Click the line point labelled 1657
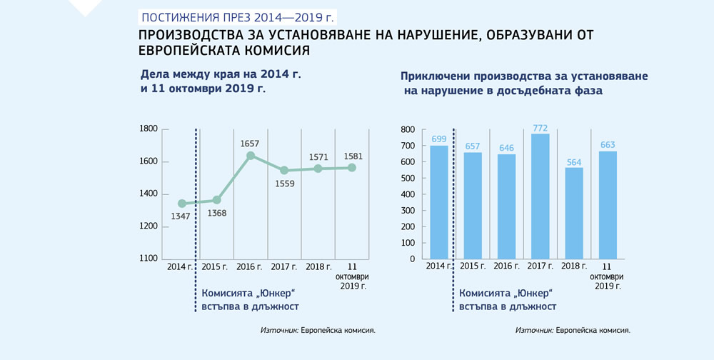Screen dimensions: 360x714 click(251, 155)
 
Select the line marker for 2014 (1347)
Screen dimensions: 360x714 click(182, 204)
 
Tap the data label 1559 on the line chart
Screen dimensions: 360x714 click(283, 183)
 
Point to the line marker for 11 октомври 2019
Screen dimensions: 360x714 click(351, 168)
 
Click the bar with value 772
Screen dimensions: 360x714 click(540, 196)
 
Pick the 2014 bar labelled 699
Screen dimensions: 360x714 click(439, 201)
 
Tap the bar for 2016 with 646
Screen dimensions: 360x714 click(507, 206)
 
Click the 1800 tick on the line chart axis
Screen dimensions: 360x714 click(149, 129)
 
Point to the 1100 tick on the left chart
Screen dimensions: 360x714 click(149, 259)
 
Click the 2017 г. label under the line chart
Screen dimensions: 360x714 click(283, 266)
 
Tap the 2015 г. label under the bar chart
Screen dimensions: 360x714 click(473, 266)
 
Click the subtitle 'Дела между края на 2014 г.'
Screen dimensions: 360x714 click(211, 74)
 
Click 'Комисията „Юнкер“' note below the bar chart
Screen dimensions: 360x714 click(507, 293)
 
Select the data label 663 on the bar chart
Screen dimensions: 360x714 click(608, 144)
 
